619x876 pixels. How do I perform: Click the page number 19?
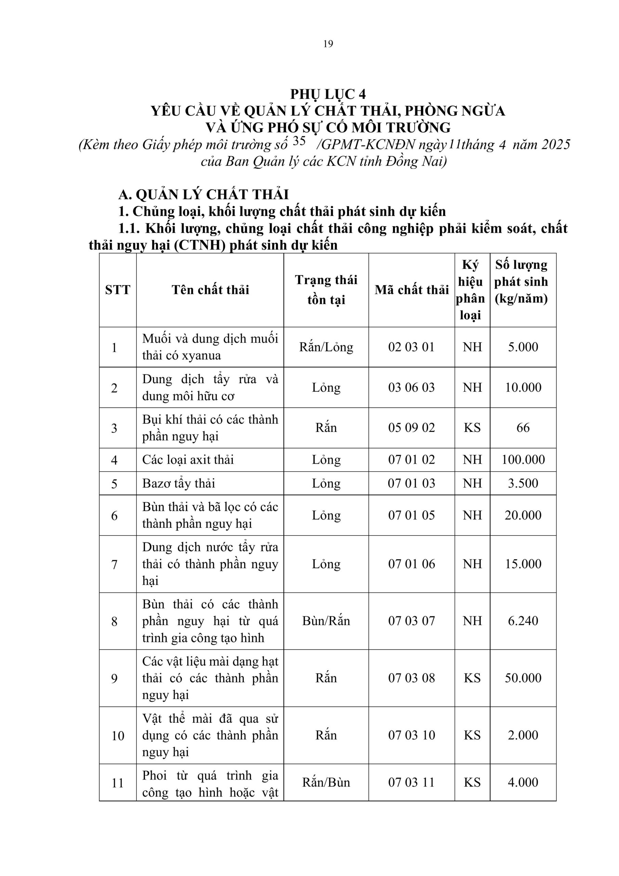pyautogui.click(x=328, y=44)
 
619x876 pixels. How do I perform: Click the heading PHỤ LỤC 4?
pyautogui.click(x=328, y=94)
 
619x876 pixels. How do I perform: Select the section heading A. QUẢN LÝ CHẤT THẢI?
pyautogui.click(x=203, y=195)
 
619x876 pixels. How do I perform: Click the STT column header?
pyautogui.click(x=117, y=290)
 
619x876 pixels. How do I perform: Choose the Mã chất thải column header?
pyautogui.click(x=411, y=290)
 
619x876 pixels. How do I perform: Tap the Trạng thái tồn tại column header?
pyautogui.click(x=326, y=290)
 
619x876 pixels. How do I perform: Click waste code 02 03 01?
pyautogui.click(x=411, y=347)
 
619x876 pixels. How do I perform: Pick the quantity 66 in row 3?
pyautogui.click(x=523, y=428)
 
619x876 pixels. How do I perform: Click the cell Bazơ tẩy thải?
pyautogui.click(x=179, y=484)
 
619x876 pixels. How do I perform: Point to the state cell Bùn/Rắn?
pyautogui.click(x=326, y=621)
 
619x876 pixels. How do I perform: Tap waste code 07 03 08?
pyautogui.click(x=411, y=678)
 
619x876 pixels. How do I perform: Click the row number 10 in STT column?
pyautogui.click(x=117, y=736)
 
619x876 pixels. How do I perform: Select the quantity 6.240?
pyautogui.click(x=523, y=621)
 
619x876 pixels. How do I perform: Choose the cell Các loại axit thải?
pyautogui.click(x=188, y=460)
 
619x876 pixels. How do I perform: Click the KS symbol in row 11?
pyautogui.click(x=472, y=783)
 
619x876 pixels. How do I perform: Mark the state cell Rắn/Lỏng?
pyautogui.click(x=326, y=347)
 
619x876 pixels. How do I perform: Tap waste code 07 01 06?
pyautogui.click(x=411, y=564)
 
